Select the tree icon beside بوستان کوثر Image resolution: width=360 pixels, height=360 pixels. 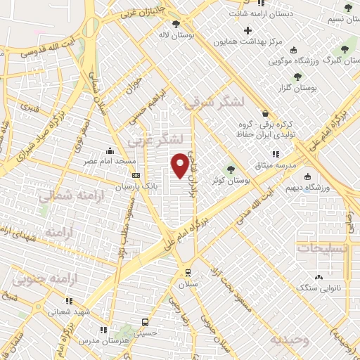tap(231, 168)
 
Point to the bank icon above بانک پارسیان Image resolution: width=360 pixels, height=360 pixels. tap(136, 176)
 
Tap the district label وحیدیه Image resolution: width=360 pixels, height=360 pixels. tap(289, 340)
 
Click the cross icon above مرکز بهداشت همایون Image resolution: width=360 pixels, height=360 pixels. tap(247, 30)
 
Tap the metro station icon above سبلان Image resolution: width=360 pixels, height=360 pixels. tap(188, 272)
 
